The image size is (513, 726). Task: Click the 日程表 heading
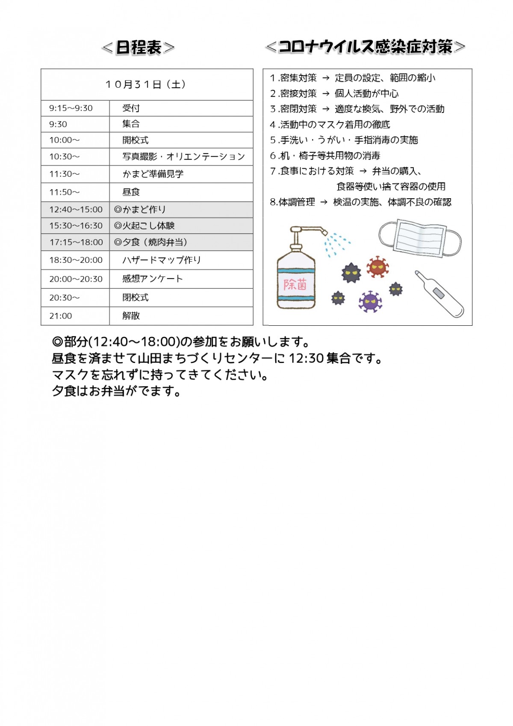pos(139,47)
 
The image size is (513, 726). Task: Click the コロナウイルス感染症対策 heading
pos(365,47)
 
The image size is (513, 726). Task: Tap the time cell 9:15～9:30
pos(71,108)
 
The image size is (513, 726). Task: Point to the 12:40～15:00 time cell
pos(76,210)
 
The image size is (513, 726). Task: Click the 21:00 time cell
pos(61,316)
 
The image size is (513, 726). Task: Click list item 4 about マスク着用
pos(330,125)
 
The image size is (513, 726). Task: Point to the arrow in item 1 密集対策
pos(326,78)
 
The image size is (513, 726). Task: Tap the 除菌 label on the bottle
pos(295,284)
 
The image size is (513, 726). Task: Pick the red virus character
pos(377,267)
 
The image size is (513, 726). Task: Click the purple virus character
pos(370,301)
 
